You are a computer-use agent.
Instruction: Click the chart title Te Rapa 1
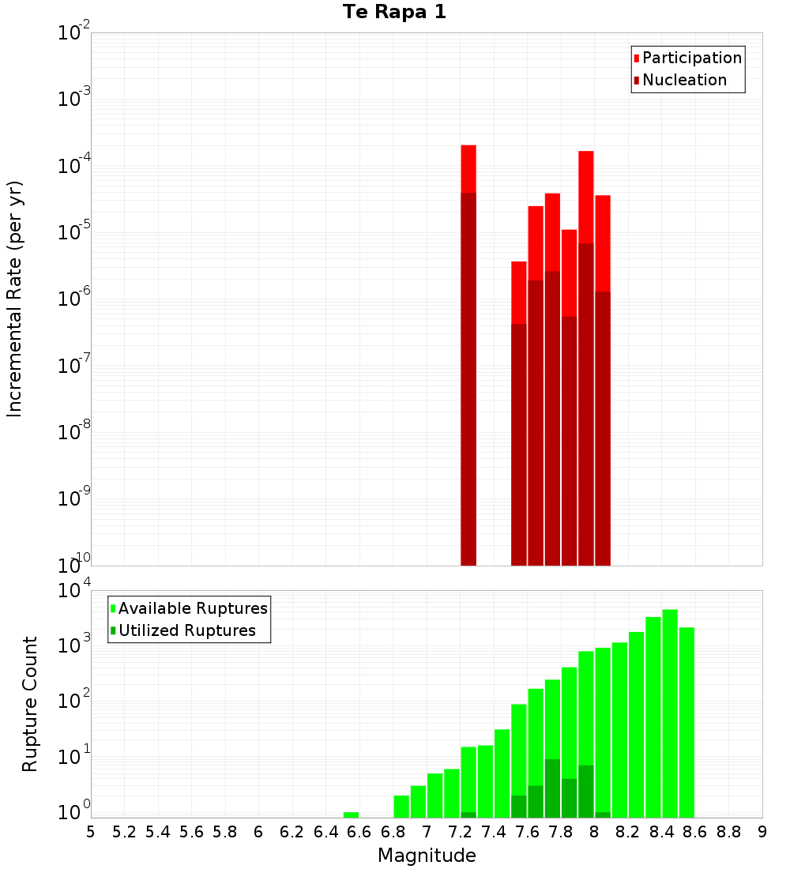394,13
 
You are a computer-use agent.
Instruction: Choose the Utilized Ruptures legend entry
186,630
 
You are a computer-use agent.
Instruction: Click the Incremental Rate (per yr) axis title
15,299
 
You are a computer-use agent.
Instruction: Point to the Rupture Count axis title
30,703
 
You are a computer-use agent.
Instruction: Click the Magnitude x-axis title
427,856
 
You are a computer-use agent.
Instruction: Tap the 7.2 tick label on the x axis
460,832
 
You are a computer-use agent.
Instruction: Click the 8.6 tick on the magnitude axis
695,832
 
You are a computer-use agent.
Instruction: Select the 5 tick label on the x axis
91,832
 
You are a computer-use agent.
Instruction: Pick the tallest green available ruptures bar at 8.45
670,711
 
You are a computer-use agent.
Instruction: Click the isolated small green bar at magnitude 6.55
351,814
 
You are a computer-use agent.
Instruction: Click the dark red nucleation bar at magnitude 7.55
519,442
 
